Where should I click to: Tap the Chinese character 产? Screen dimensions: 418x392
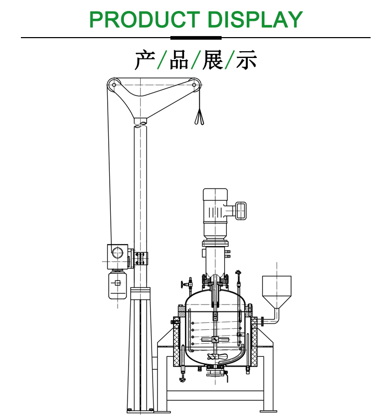click(144, 60)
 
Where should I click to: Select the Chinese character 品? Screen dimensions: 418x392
click(179, 60)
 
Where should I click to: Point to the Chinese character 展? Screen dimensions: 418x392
click(213, 60)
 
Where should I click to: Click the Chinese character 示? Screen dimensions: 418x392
click(247, 60)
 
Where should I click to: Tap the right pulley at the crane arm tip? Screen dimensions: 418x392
click(195, 84)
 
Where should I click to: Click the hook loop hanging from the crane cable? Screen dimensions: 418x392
click(199, 118)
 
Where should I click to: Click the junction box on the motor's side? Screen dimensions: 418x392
click(241, 210)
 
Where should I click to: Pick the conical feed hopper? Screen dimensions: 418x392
click(276, 292)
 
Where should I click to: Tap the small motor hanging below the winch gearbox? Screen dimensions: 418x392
click(118, 284)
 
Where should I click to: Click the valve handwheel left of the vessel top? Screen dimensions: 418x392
click(183, 285)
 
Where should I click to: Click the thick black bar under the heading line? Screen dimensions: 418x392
click(196, 38)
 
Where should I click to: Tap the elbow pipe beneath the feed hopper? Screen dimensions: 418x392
click(274, 317)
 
